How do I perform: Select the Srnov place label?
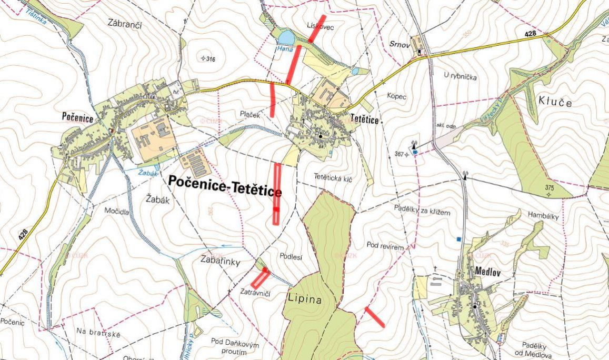tap(399, 45)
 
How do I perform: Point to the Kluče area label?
tap(554, 102)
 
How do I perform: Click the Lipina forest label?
tap(305, 298)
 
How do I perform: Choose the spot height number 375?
tap(550, 188)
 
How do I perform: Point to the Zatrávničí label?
tap(253, 292)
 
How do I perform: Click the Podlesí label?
tap(291, 257)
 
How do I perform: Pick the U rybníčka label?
tap(460, 77)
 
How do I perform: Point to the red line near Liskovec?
tap(317, 28)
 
